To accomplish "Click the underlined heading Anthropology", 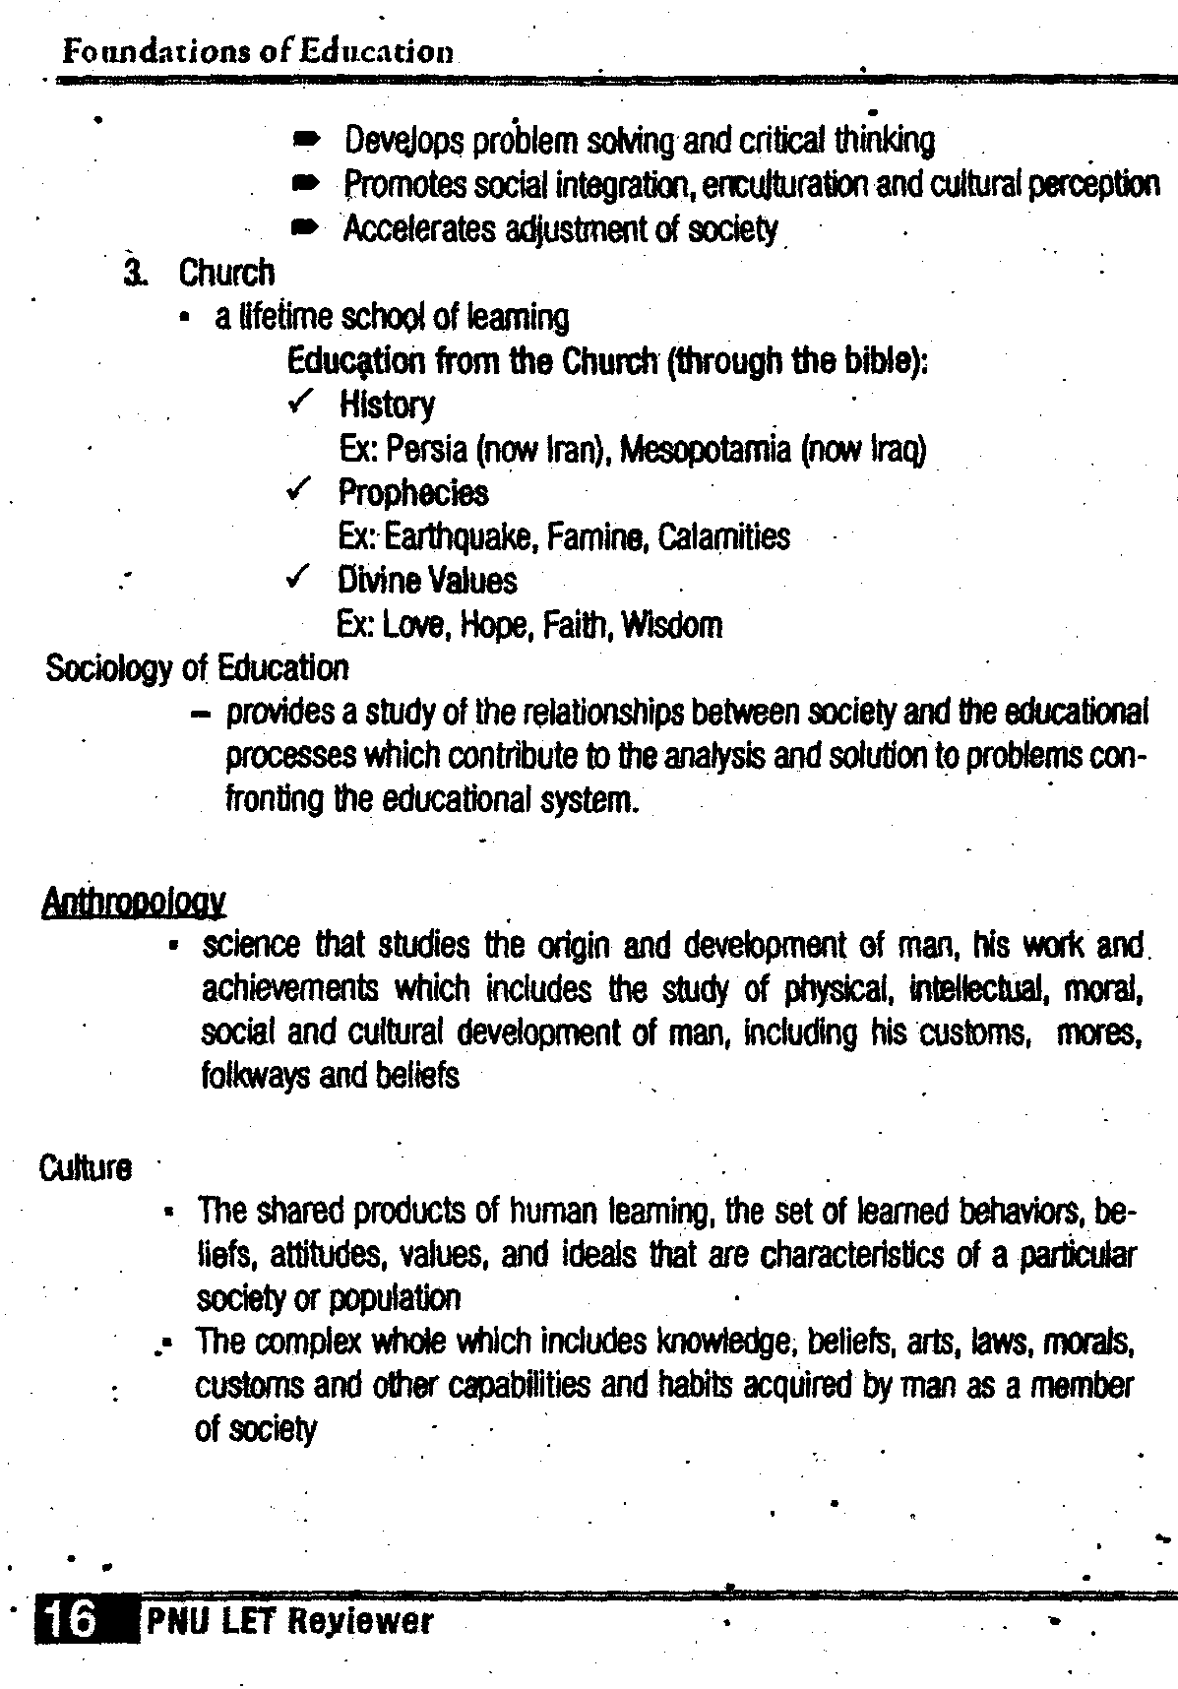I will pos(135,902).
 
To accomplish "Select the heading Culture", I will pos(86,1168).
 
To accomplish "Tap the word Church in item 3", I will pos(226,273).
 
